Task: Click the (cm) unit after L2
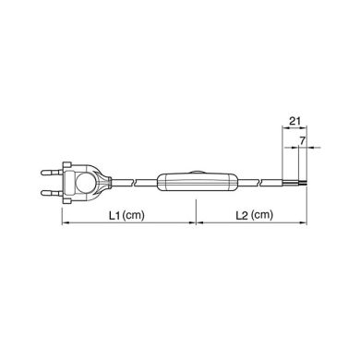tap(262, 218)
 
